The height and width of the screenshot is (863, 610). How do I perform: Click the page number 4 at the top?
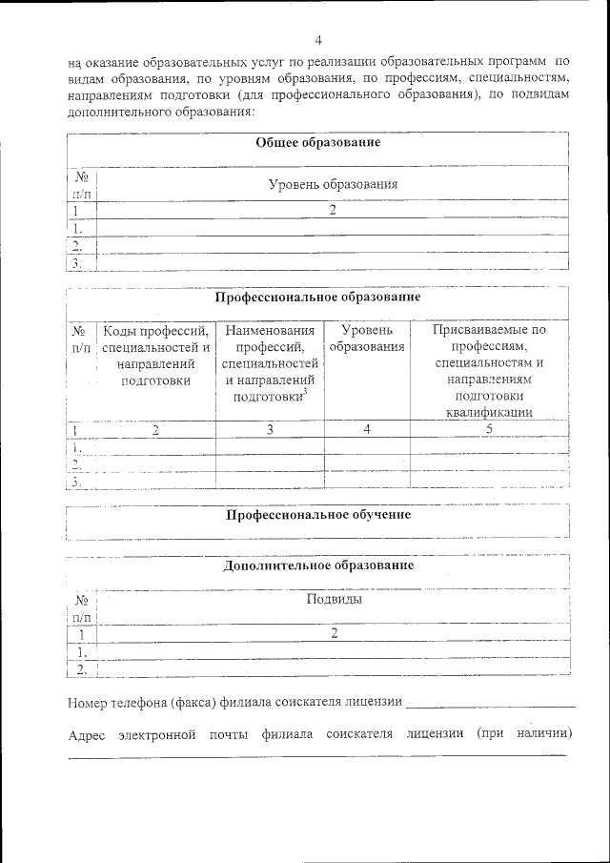point(318,40)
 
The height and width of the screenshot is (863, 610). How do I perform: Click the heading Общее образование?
point(318,142)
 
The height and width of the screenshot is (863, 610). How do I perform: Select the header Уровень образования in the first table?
point(333,184)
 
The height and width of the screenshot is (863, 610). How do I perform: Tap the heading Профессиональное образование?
point(317,297)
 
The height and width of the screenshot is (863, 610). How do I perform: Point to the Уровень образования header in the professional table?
point(367,339)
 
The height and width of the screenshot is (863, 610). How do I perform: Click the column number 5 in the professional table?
point(489,429)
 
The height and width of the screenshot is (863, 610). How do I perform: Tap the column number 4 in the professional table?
point(367,429)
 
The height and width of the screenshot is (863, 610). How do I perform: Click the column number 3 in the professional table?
point(270,429)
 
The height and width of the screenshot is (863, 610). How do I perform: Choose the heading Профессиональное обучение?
point(318,515)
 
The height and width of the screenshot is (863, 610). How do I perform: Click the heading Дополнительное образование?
point(318,565)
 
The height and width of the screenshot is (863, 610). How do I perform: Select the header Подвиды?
point(334,600)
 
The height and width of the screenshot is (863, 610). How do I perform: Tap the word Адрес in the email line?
point(88,734)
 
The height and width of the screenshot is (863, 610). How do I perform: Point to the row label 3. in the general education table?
point(78,263)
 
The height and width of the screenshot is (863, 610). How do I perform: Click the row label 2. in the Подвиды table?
point(82,669)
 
